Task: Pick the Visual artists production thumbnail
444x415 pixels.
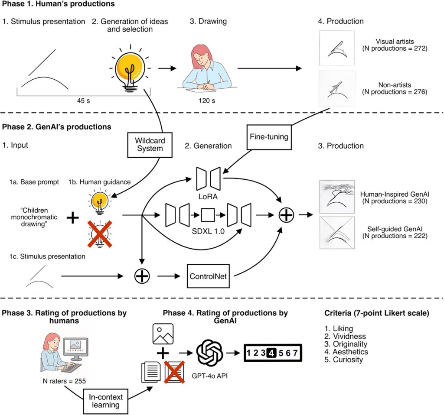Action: pos(337,47)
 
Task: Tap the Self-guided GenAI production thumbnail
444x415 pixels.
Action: pos(336,233)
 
